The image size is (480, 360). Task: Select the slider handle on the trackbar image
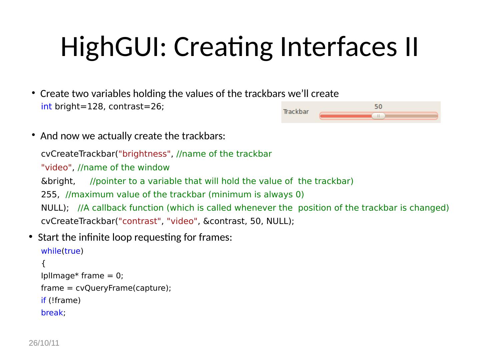[x=378, y=116]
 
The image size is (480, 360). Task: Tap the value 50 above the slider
[x=378, y=107]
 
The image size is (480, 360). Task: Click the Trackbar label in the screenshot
[x=296, y=112]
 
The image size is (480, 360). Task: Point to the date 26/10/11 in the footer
[x=44, y=343]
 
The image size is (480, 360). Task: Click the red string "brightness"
[x=145, y=154]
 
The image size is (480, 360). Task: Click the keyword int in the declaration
[x=46, y=107]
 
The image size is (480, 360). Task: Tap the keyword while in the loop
[x=51, y=251]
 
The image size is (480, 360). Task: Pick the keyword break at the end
[x=52, y=313]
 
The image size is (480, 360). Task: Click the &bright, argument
[x=58, y=181]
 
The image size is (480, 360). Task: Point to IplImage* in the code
[x=60, y=276]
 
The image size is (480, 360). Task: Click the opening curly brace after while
[x=43, y=264]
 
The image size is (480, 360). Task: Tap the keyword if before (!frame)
[x=43, y=300]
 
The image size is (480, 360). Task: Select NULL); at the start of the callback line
[x=55, y=208]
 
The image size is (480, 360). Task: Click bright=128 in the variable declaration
[x=79, y=107]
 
